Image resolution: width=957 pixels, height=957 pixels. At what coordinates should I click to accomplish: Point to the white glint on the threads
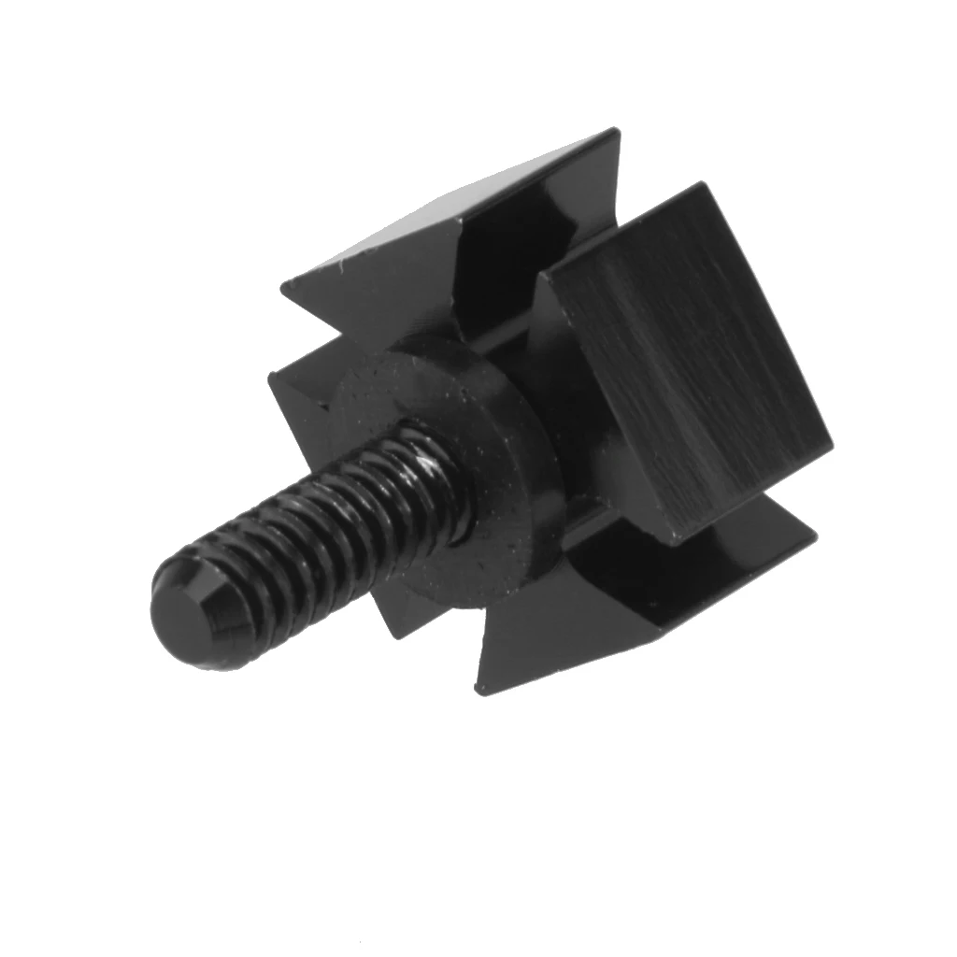point(429,463)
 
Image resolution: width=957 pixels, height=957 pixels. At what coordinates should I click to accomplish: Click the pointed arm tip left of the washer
point(272,376)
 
